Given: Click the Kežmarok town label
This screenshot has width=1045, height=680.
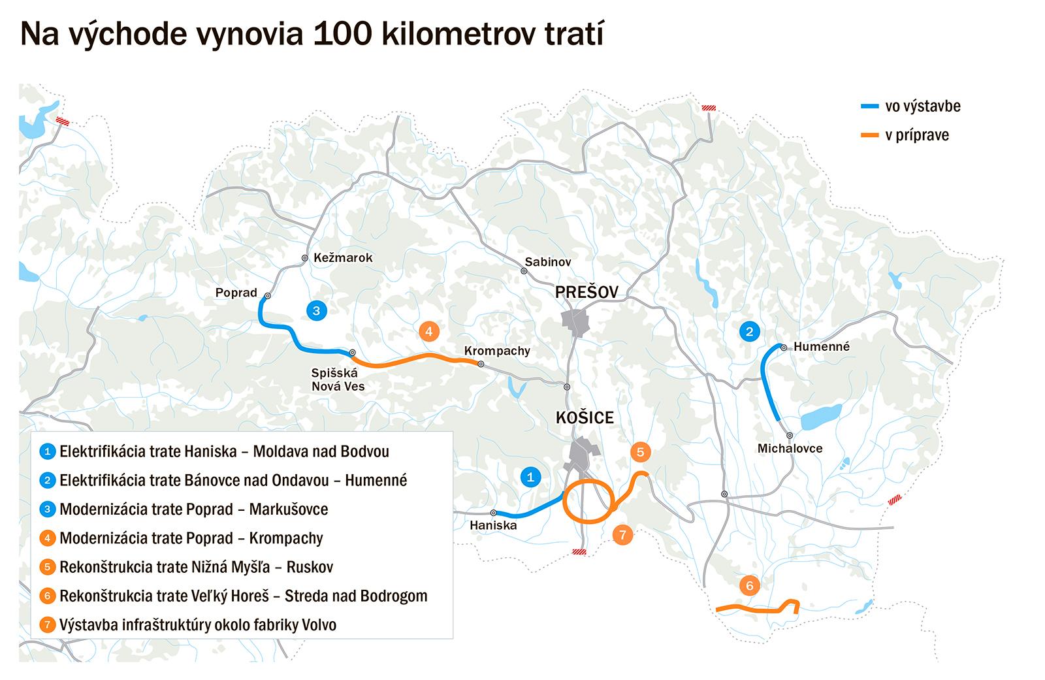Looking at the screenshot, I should click(x=343, y=258).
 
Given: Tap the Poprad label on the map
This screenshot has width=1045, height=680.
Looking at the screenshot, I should click(x=236, y=293).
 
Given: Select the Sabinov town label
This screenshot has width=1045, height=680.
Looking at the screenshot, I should click(x=548, y=262).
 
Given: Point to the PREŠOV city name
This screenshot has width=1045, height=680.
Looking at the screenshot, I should click(x=587, y=292).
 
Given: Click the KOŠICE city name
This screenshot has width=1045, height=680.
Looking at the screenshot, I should click(x=585, y=418).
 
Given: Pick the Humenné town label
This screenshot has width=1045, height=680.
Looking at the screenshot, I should click(x=822, y=347).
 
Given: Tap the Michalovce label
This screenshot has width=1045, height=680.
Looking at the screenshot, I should click(x=790, y=449).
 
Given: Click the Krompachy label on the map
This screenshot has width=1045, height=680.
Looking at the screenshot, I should click(x=497, y=351).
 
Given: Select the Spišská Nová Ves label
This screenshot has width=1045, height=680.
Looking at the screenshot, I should click(x=338, y=380).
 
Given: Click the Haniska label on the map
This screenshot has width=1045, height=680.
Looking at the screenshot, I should click(x=493, y=525).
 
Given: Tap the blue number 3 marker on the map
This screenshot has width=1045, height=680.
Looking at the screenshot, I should click(x=317, y=311).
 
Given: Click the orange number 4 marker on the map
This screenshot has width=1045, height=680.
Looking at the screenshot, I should click(x=428, y=332).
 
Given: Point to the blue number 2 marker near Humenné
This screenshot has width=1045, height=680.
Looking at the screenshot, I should click(x=749, y=332).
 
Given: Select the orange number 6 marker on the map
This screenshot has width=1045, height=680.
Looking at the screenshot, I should click(x=749, y=586).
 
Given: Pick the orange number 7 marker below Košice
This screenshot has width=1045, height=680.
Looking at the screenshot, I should click(x=622, y=536).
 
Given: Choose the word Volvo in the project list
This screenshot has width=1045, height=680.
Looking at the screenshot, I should click(x=319, y=625).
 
